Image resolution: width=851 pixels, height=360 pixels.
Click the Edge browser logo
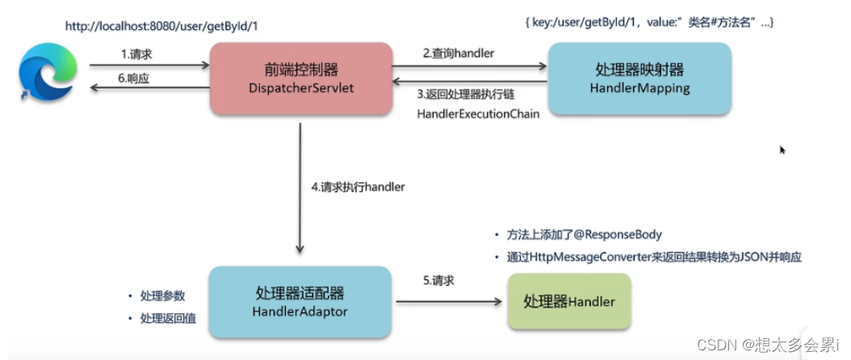(x=48, y=72)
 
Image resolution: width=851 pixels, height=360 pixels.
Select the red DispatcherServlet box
(x=301, y=77)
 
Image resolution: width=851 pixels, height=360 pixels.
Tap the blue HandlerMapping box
(x=639, y=78)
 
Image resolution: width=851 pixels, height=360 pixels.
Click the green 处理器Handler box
(x=569, y=301)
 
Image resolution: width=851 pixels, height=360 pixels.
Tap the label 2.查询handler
(x=459, y=53)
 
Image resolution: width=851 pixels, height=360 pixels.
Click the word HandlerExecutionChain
(x=478, y=114)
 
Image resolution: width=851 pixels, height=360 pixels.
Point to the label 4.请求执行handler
(x=358, y=186)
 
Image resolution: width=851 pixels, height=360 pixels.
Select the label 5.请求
(x=439, y=281)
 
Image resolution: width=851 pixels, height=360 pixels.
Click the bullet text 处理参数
(x=162, y=295)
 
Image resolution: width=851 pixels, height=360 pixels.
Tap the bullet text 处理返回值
(x=168, y=320)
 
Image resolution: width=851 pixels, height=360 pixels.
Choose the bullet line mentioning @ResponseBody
(x=585, y=235)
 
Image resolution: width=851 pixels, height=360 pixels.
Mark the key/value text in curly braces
(x=653, y=23)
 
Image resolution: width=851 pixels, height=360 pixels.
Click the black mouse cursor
(x=782, y=149)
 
